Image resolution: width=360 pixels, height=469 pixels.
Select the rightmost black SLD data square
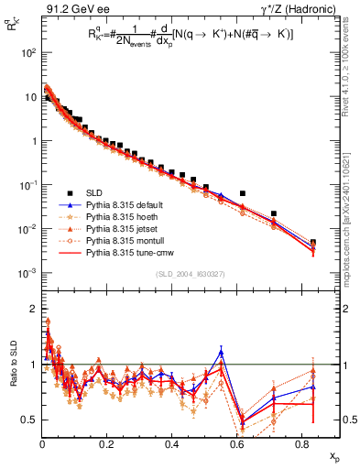313,243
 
